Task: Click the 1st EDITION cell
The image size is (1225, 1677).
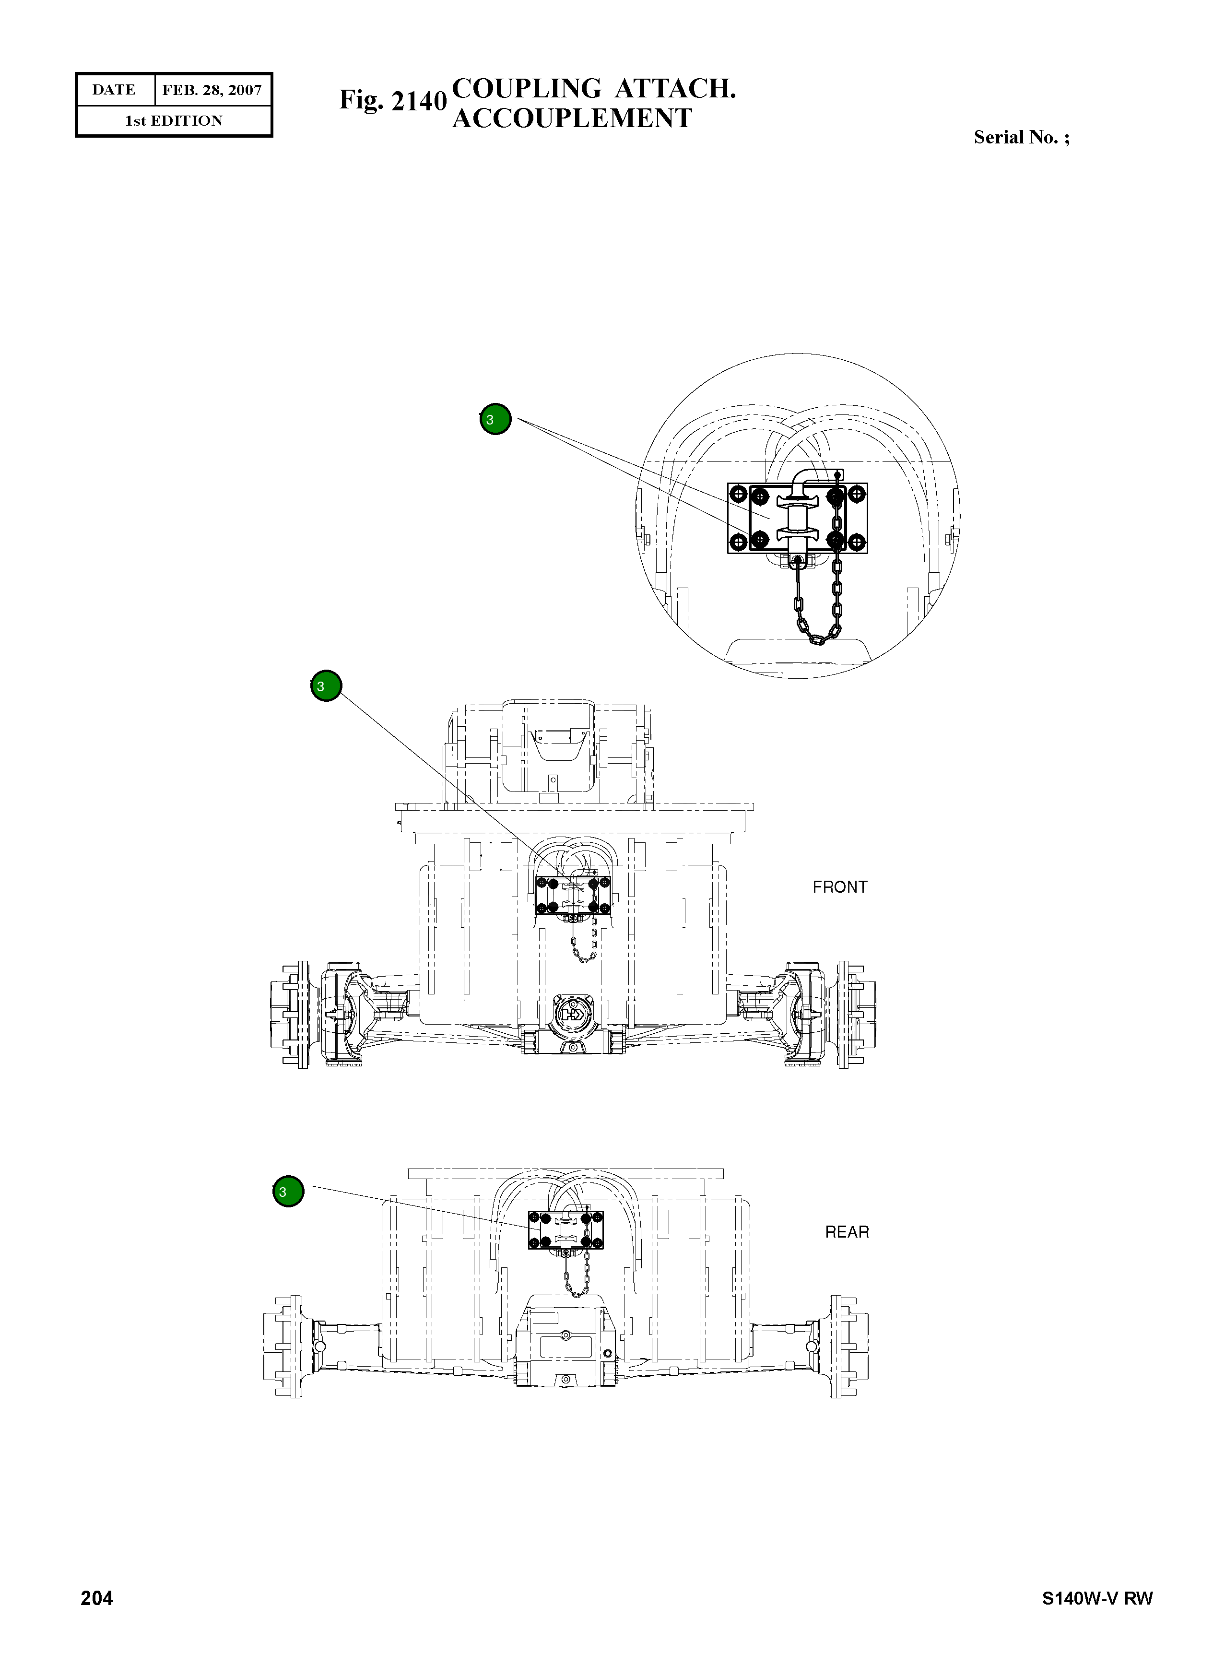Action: pos(174,121)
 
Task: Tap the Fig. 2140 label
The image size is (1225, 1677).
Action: pos(392,100)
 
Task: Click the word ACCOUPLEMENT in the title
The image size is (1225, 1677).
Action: pos(572,118)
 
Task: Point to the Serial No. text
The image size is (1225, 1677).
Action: pos(1021,137)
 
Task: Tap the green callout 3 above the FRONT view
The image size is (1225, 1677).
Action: pos(326,685)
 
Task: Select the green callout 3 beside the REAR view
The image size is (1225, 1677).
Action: pos(288,1191)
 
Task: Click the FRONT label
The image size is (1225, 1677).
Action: pos(839,887)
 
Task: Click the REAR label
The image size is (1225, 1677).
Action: pos(847,1232)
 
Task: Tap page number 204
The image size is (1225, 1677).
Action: pos(97,1598)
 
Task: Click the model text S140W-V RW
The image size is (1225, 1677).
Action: pos(1097,1598)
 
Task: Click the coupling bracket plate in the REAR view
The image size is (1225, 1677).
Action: pos(565,1230)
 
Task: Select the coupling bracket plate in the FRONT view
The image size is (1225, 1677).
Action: pos(573,895)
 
